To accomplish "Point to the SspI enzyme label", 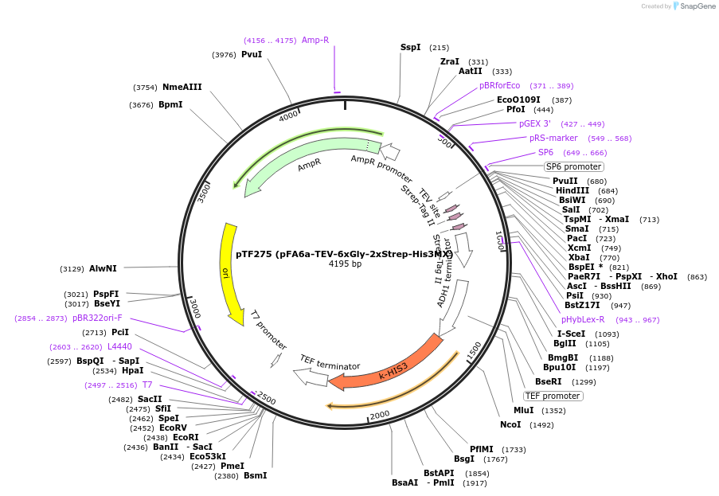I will [x=410, y=48].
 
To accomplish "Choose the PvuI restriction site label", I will [x=252, y=54].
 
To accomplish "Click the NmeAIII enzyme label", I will [x=182, y=88].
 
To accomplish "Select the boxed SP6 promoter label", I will [x=573, y=167].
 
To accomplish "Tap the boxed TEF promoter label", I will [x=552, y=396].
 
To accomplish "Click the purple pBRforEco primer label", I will [x=499, y=85].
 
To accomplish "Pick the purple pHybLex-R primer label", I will [x=583, y=320].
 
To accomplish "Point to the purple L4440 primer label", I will [x=119, y=347].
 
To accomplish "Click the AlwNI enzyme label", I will [x=103, y=268].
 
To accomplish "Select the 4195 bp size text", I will [x=345, y=264].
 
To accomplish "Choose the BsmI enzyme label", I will [x=255, y=475].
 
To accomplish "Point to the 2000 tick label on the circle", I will [x=379, y=414].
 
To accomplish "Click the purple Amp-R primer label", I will [x=315, y=40].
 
